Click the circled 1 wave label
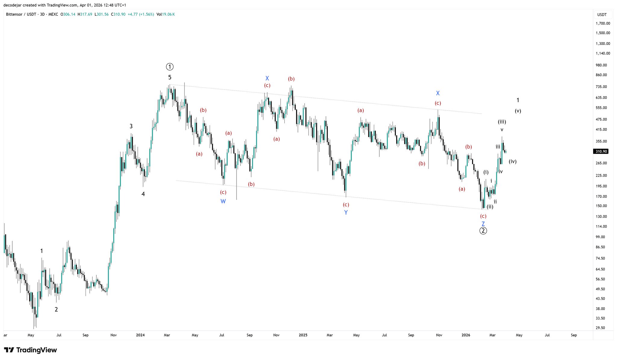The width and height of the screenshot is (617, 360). coord(170,67)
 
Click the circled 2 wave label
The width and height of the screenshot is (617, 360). coord(483,231)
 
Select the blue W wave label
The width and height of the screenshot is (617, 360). coord(223,201)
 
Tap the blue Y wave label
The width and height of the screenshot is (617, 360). coord(346,213)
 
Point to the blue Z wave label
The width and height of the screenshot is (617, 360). coord(483,224)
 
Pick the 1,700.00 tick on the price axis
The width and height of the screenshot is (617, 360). coord(603,23)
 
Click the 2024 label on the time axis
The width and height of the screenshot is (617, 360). coord(140,335)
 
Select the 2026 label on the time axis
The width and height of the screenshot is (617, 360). coord(466,335)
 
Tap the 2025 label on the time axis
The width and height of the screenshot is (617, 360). coord(303,335)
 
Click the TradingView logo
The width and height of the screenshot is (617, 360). coord(30,350)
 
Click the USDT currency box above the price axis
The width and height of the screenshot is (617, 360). coord(602,14)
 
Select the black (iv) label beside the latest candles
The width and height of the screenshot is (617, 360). coord(512,162)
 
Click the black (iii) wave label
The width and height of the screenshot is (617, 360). coord(502,122)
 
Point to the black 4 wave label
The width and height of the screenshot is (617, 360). coord(143,194)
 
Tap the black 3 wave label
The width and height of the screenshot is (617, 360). coord(131,126)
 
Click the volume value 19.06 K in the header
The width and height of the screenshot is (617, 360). coord(168,14)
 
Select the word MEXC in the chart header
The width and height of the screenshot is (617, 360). coord(53,14)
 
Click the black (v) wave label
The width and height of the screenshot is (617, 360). coord(518,111)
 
